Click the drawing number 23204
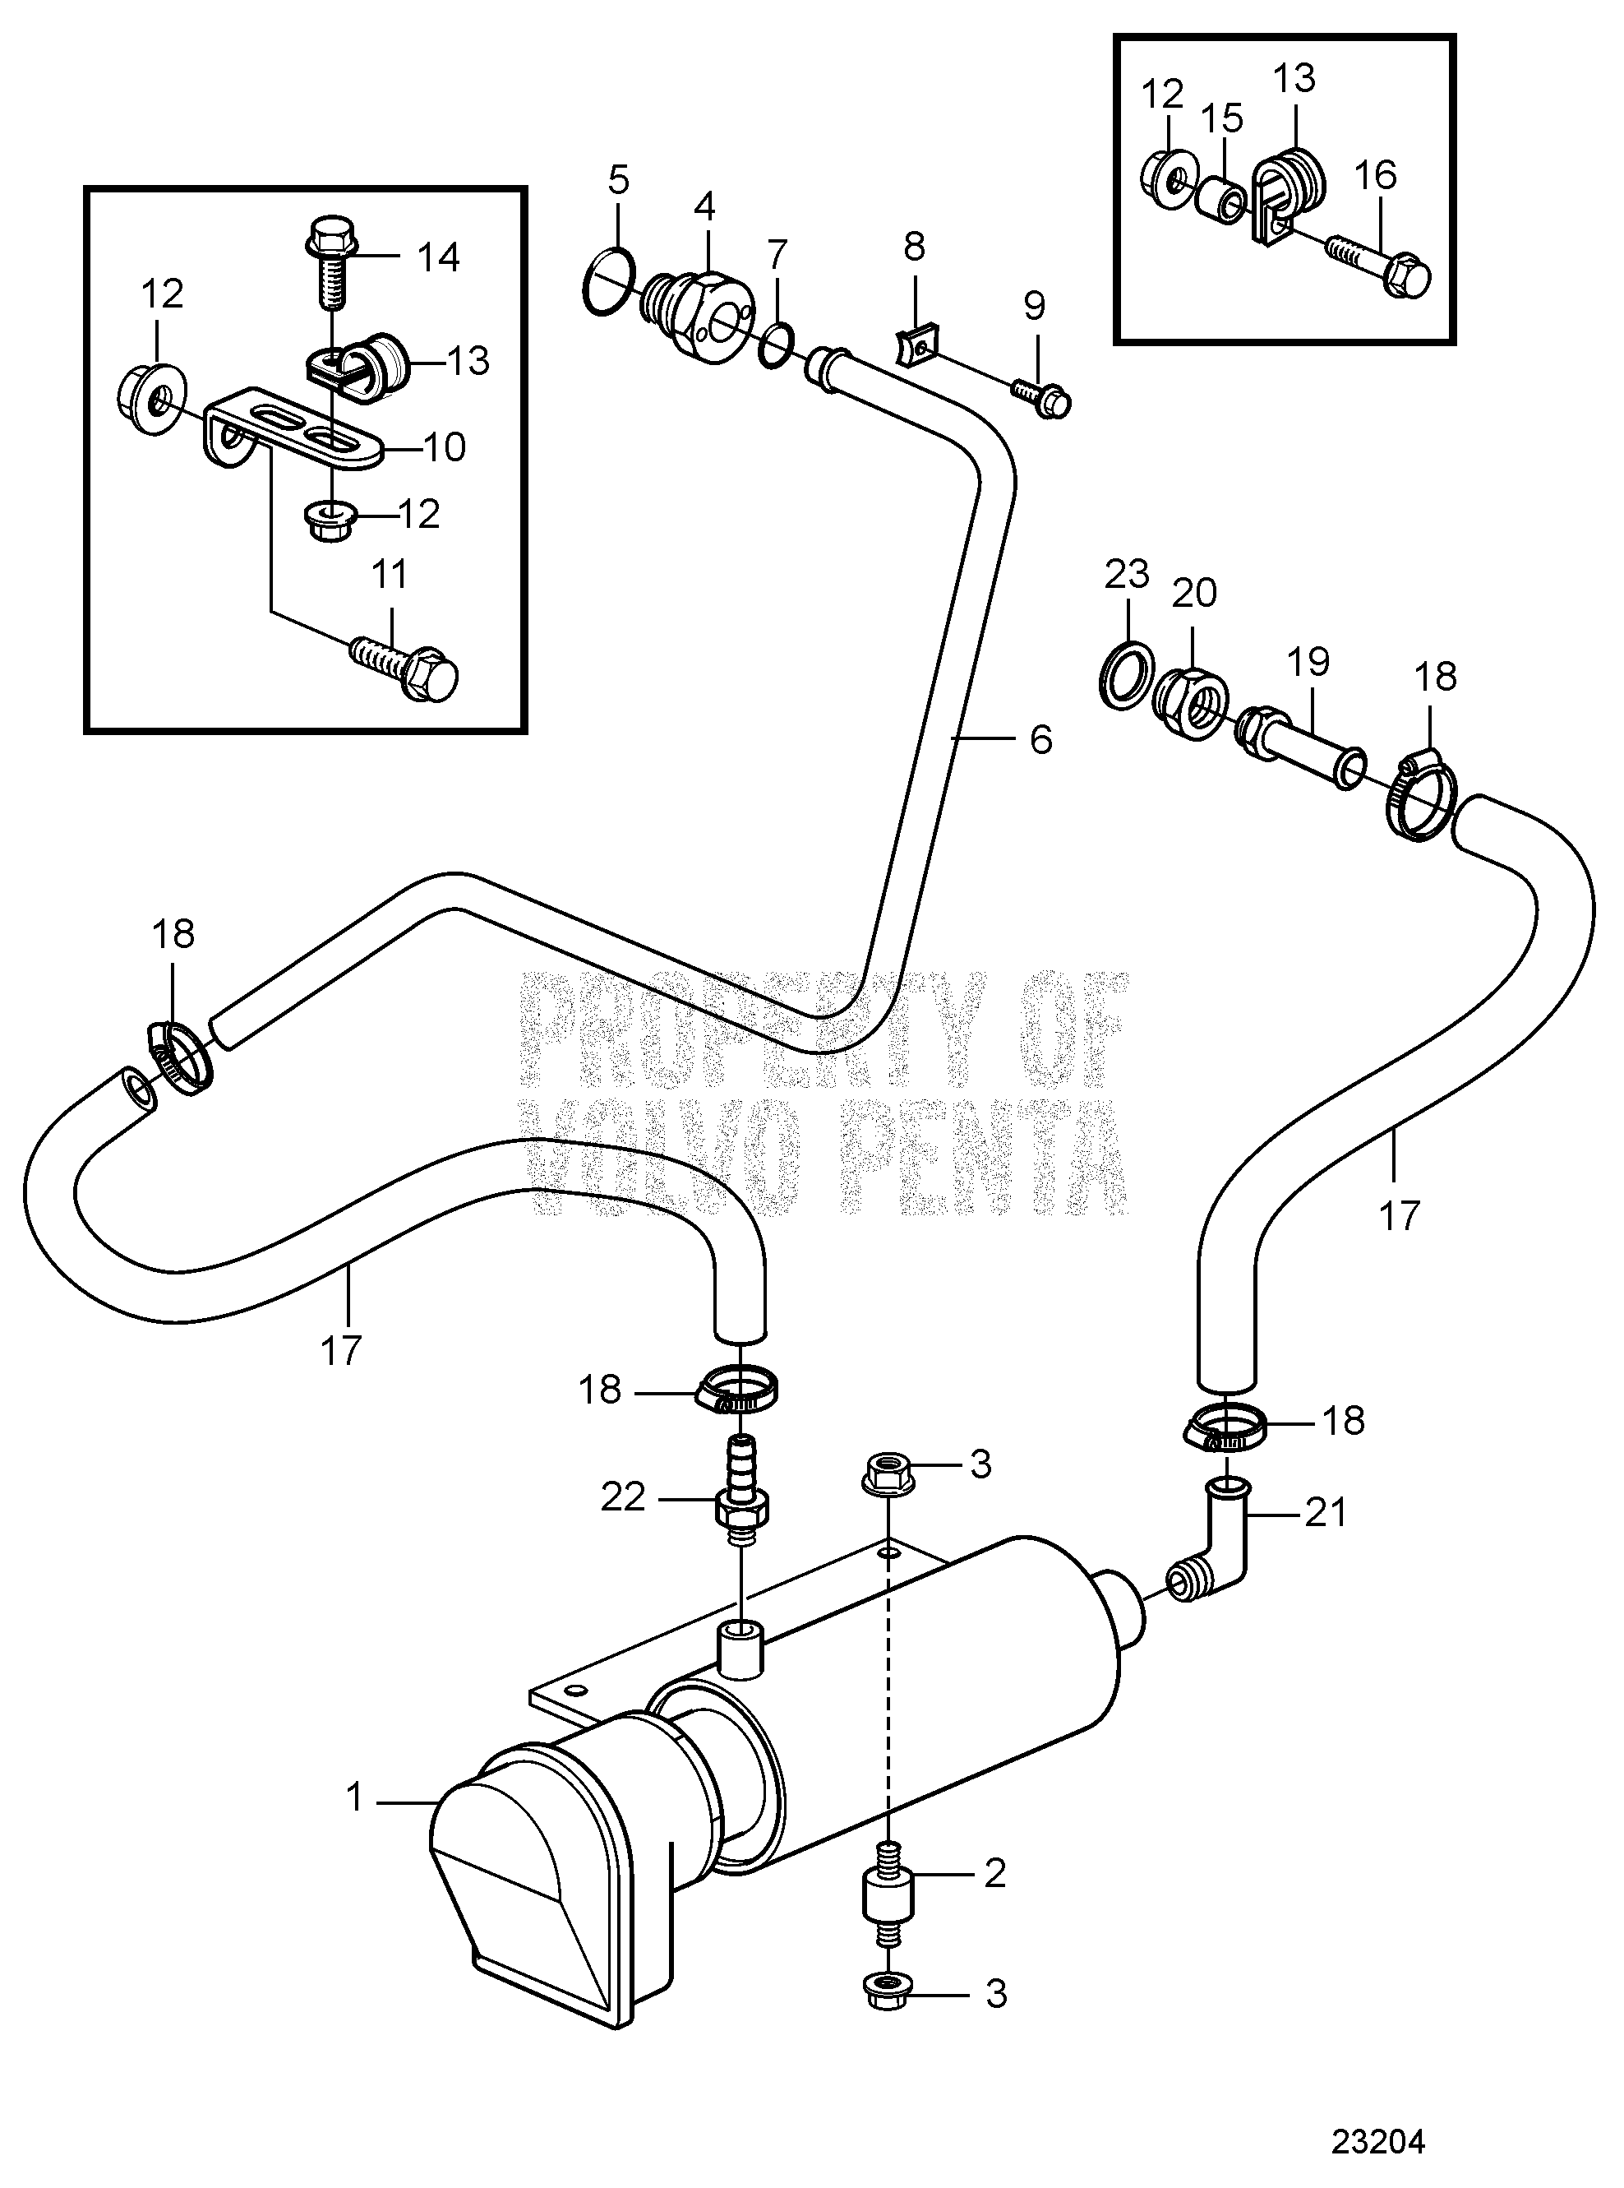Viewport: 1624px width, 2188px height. [x=1377, y=2135]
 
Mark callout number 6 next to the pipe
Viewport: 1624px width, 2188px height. [x=1040, y=739]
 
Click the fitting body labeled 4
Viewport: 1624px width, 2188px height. [x=702, y=306]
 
